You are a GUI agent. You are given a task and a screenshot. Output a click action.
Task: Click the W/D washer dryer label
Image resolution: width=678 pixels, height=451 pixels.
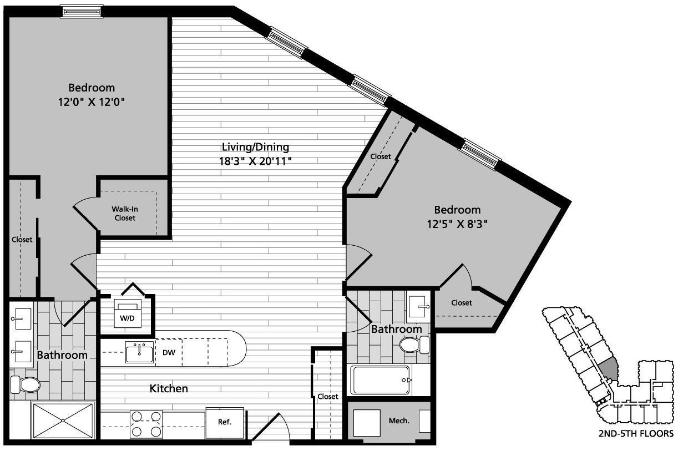tap(127, 318)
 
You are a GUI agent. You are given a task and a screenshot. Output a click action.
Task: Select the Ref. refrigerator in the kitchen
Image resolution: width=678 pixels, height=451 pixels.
tap(224, 422)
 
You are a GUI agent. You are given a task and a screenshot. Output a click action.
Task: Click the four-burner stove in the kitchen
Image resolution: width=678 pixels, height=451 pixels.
tap(146, 423)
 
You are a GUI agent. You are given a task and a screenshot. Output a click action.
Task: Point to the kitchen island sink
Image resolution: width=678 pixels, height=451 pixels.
tap(139, 352)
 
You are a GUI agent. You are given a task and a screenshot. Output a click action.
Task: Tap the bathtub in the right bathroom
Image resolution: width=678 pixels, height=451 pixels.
tap(380, 380)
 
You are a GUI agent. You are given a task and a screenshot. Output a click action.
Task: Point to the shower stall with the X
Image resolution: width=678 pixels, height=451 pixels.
tap(63, 420)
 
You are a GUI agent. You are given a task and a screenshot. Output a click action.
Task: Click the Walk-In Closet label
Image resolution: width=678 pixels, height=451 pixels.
tap(125, 214)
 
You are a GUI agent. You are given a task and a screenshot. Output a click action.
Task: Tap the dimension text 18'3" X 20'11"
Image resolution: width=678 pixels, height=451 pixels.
tap(255, 161)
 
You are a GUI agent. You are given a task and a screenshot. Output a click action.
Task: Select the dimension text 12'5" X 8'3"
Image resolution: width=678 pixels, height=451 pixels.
tap(457, 224)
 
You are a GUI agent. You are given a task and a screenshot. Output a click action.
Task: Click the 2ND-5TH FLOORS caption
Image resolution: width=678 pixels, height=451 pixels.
tap(636, 433)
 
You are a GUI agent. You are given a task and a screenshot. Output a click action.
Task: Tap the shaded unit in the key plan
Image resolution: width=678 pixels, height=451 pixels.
tap(609, 368)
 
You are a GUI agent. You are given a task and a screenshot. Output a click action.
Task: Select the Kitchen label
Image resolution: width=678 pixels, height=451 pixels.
tap(169, 389)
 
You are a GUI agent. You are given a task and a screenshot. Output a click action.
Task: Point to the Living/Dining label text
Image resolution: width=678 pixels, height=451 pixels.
tap(255, 147)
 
